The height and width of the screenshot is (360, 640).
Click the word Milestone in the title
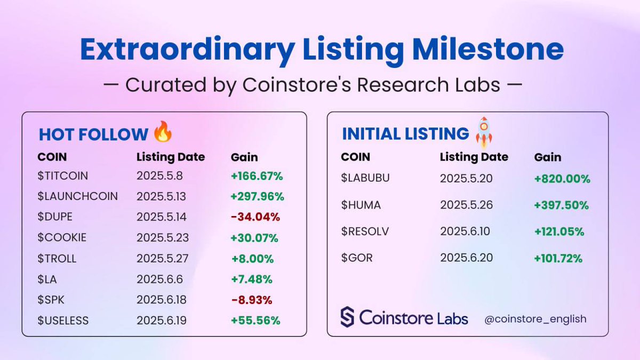pos(487,49)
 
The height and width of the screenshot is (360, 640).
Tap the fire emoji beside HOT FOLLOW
pos(163,132)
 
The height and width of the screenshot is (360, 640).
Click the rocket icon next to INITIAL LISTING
pos(484,133)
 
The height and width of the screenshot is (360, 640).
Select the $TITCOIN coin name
pos(62,175)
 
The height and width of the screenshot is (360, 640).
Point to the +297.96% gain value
pos(257,196)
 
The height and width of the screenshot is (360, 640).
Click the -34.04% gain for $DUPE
pos(255,217)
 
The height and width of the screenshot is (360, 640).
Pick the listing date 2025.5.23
pos(163,238)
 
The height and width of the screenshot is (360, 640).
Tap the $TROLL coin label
pos(57,259)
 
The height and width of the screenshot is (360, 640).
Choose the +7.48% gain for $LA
pos(252,279)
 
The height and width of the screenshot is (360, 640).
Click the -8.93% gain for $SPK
pos(252,300)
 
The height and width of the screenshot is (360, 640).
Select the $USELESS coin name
pos(63,321)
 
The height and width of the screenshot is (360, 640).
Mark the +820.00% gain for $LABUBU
pos(562,179)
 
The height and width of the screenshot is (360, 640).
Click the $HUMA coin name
pos(361,205)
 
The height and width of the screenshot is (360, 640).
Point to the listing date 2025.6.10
pos(465,231)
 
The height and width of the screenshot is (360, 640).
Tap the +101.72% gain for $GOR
pos(558,259)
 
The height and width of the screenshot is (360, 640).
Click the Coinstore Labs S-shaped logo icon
pos(347,317)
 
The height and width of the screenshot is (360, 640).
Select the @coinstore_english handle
pos(535,319)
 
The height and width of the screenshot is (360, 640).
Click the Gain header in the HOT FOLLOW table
pos(244,157)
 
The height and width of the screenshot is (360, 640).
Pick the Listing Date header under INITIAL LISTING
pos(474,157)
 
